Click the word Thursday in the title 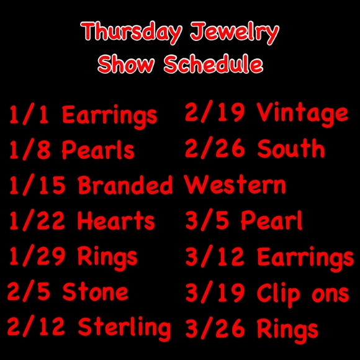click(128, 32)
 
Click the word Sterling click(124, 326)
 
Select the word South click(290, 150)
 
